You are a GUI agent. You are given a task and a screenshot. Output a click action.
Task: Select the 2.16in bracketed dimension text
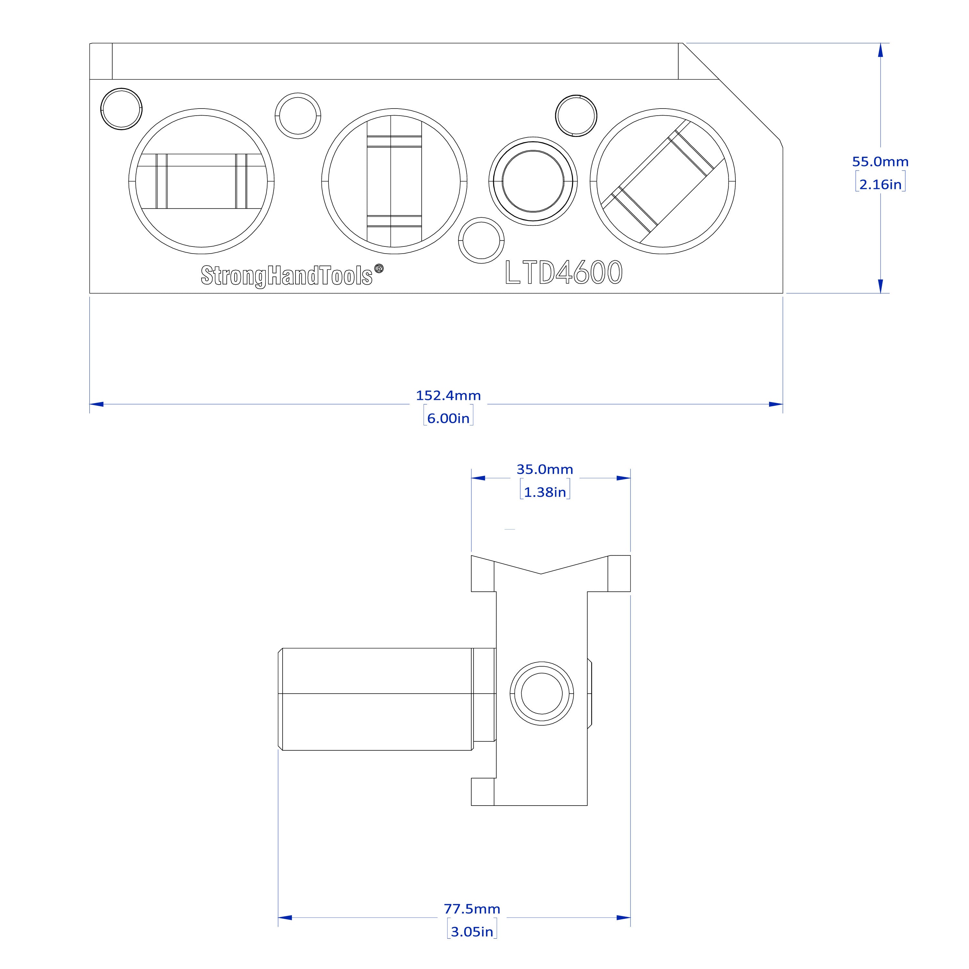click(x=880, y=184)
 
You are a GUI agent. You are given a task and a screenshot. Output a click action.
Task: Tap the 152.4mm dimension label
click(x=448, y=396)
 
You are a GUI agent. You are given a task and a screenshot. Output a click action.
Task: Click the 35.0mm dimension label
click(x=545, y=469)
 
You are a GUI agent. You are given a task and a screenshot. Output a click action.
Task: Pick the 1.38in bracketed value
click(x=545, y=492)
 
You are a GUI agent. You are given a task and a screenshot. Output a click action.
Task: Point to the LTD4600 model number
click(x=564, y=272)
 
